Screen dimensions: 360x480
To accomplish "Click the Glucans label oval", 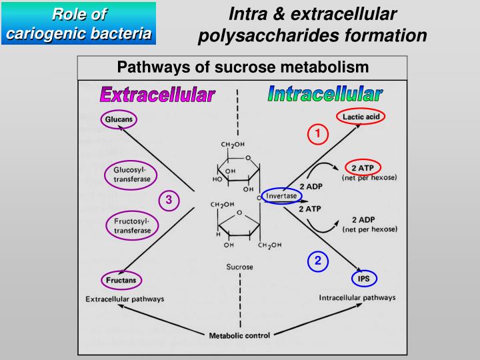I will point(119,120).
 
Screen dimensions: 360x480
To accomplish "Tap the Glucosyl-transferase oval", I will point(131,175).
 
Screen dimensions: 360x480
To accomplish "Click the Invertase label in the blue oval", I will point(281,196).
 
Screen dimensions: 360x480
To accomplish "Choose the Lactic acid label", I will point(361,117).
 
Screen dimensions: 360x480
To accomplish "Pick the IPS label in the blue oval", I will point(364,279).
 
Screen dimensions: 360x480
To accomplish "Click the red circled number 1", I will point(318,134).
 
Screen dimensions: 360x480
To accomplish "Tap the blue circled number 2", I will point(318,261).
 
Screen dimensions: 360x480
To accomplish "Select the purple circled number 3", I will point(169,199).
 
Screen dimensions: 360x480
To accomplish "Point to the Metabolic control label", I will point(239,335).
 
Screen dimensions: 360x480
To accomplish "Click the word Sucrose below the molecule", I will point(239,267).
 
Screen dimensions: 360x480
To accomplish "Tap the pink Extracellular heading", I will point(157,95).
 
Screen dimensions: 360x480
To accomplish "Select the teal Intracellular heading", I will point(325,94).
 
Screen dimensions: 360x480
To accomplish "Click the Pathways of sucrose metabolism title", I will point(243,67).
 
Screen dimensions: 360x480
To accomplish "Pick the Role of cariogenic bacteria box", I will point(79,23).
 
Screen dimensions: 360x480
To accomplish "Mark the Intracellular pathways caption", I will point(357,297).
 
